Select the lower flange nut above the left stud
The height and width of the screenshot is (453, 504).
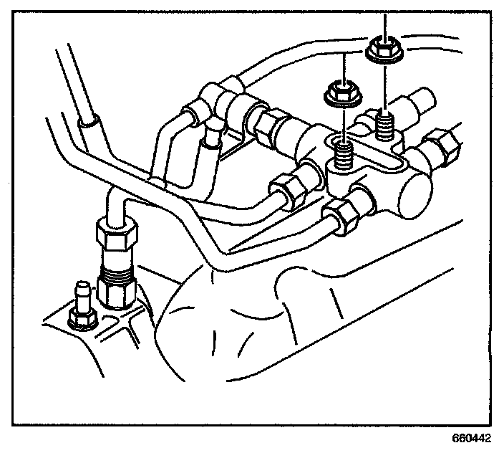[340, 92]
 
